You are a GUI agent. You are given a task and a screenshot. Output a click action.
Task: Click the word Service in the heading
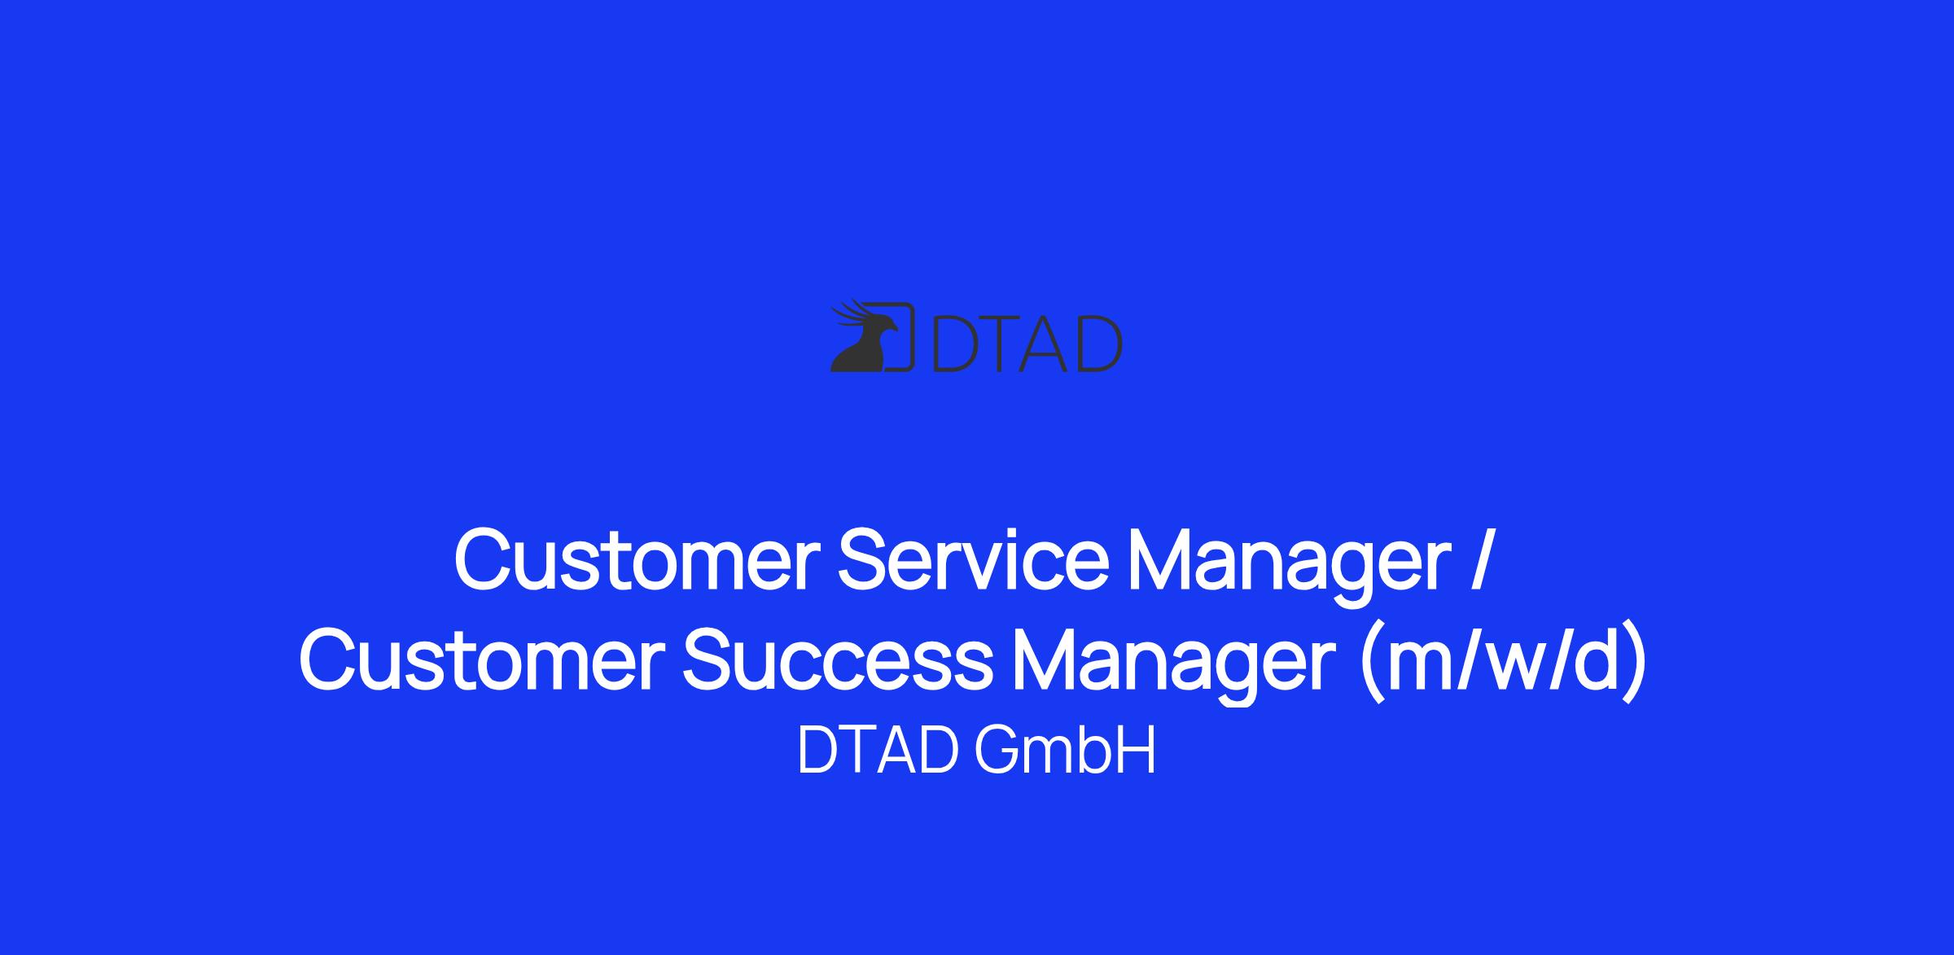click(973, 559)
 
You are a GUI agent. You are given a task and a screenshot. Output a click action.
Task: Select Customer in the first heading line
click(637, 559)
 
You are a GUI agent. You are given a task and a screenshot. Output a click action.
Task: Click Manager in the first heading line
click(1290, 566)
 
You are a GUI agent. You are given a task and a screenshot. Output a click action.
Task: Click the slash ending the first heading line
click(1482, 559)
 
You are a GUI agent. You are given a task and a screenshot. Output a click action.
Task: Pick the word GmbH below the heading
click(1065, 750)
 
